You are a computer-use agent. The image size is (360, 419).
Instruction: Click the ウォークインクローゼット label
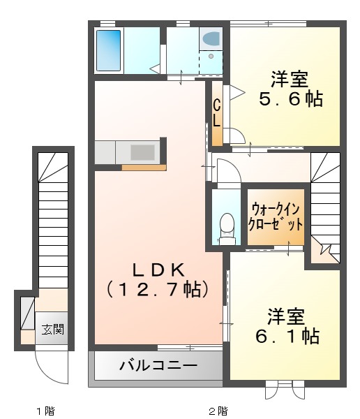[276, 216]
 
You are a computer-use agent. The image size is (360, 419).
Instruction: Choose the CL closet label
[217, 112]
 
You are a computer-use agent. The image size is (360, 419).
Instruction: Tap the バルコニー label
[158, 365]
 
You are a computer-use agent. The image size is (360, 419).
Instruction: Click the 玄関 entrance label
[52, 329]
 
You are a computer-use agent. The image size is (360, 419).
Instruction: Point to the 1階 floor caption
[45, 410]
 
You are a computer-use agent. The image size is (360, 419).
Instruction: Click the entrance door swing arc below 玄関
[48, 362]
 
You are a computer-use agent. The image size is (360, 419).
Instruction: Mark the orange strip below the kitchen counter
[144, 167]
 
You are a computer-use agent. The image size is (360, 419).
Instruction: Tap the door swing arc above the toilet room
[227, 171]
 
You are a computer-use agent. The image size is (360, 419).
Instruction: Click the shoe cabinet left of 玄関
[27, 312]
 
